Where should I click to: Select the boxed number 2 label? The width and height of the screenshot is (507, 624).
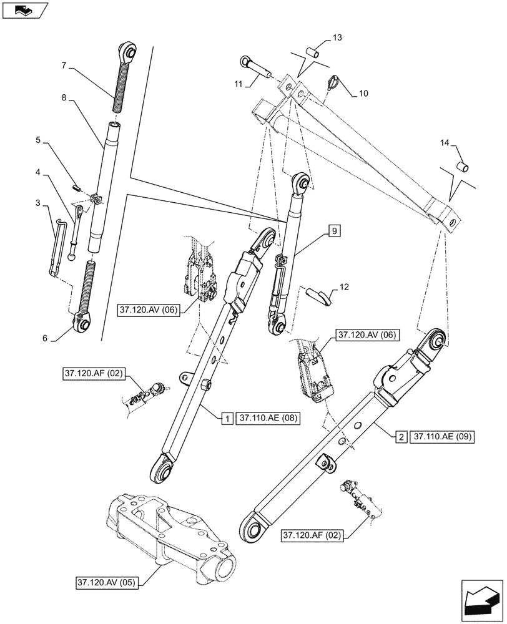coord(400,437)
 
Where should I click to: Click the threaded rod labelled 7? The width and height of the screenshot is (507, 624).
coord(121,88)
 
